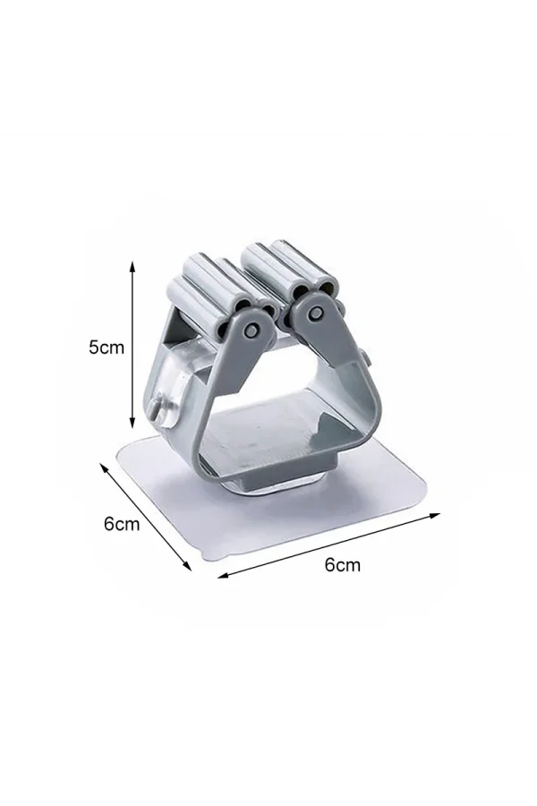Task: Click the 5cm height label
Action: pos(107,347)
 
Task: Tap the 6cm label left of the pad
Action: pos(122,524)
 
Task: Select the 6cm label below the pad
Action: pos(342,565)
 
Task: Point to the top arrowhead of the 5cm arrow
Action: pos(132,266)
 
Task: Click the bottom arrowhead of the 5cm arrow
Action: pos(132,423)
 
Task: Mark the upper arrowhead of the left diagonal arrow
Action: pos(103,467)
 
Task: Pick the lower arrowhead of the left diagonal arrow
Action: pos(188,565)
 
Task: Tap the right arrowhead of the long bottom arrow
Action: pos(435,515)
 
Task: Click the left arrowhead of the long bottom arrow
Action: pos(223,575)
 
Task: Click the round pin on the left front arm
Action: pos(251,331)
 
